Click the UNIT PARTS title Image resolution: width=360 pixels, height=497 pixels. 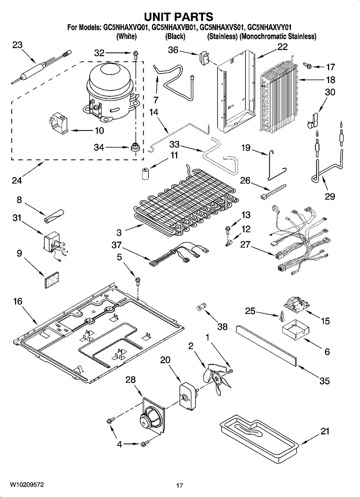(179, 16)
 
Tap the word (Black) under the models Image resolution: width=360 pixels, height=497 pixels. (175, 37)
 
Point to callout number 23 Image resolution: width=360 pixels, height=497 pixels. (17, 45)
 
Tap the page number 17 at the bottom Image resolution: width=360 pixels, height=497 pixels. (179, 485)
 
